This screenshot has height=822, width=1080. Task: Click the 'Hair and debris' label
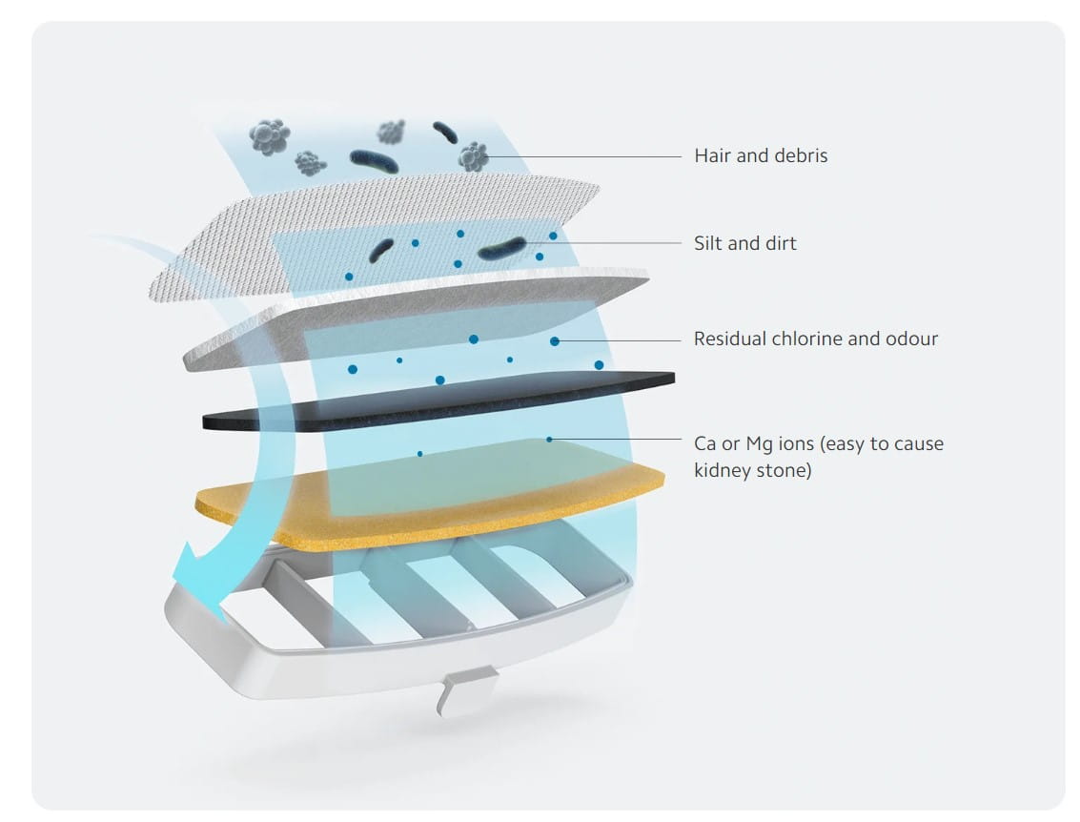point(761,155)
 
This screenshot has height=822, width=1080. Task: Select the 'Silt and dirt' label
point(744,243)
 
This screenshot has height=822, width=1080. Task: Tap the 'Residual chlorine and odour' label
point(816,339)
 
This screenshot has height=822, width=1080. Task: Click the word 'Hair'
point(712,155)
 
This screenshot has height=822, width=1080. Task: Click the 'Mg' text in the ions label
point(760,445)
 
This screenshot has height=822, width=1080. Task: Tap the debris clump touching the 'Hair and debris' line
point(474,157)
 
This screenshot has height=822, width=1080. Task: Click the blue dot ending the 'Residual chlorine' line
point(555,341)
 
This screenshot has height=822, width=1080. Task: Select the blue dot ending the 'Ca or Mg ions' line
point(549,439)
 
